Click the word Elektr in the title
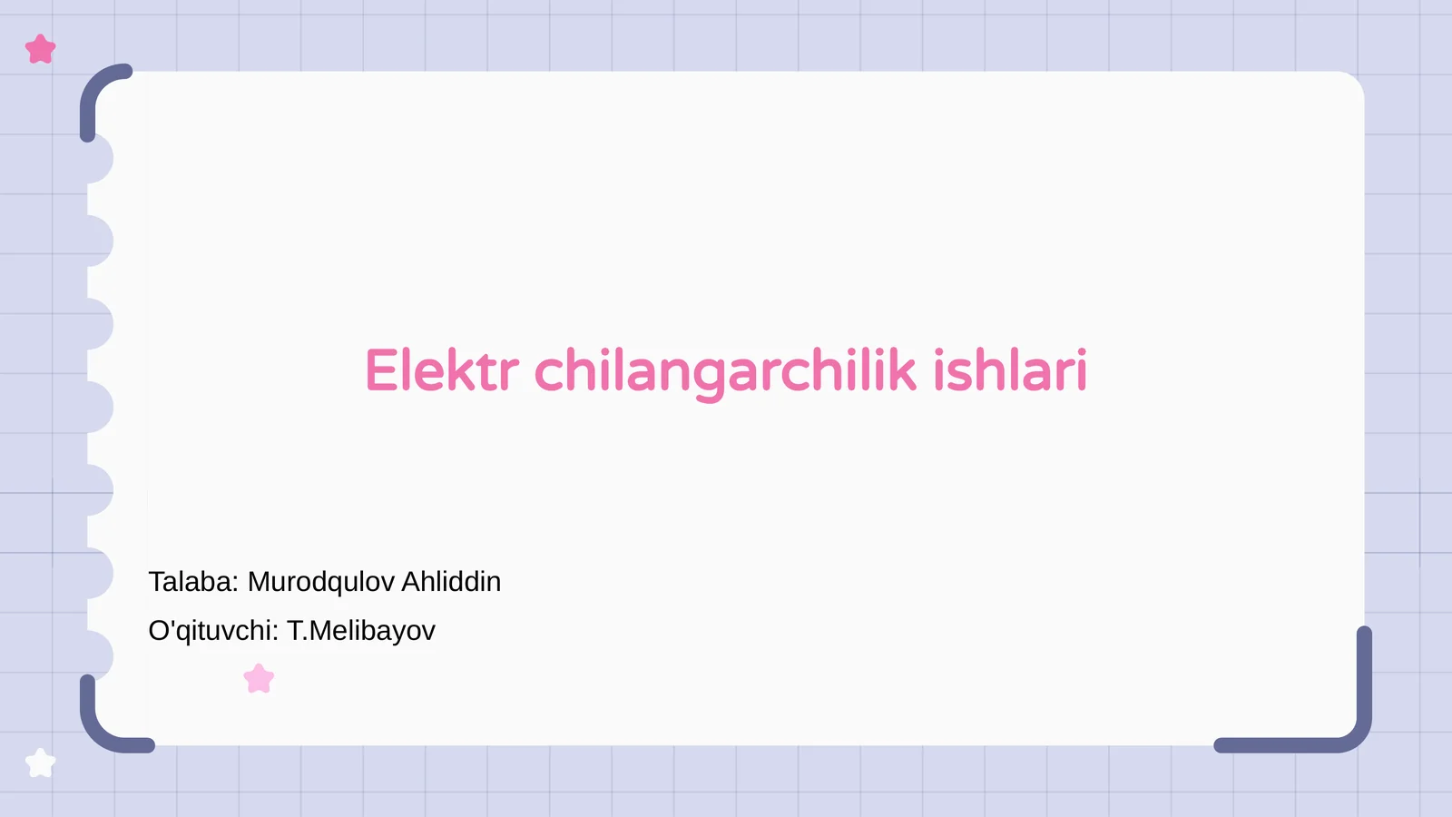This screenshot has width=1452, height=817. [x=441, y=371]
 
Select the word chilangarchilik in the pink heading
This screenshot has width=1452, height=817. [x=725, y=371]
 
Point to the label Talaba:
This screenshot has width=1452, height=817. [x=193, y=582]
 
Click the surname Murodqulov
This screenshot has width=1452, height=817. [x=320, y=582]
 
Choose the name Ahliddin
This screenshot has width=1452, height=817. [x=451, y=582]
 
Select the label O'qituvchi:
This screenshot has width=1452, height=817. [x=213, y=631]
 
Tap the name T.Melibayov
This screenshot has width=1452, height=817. [x=361, y=631]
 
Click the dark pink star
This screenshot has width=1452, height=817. [x=41, y=49]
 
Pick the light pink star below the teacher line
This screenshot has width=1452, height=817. [x=260, y=679]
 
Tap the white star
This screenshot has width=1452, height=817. [x=40, y=763]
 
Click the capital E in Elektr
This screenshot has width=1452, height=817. [x=380, y=371]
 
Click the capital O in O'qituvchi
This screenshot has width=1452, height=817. [x=159, y=631]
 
